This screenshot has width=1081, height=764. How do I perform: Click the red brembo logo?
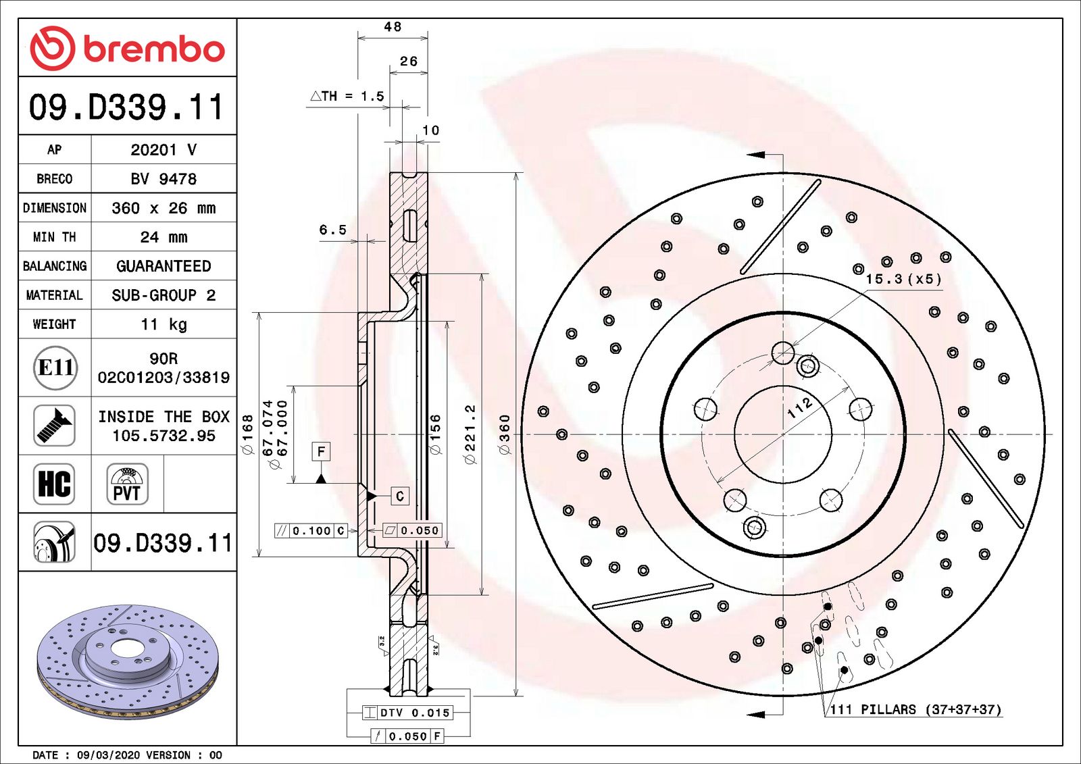tap(127, 49)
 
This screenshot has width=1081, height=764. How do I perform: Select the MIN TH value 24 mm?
tap(164, 237)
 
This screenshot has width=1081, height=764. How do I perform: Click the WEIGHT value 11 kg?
tap(164, 324)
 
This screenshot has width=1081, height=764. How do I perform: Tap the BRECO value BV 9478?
tap(164, 179)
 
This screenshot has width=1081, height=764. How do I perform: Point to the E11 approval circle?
tap(55, 367)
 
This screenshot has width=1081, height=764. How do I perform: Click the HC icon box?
tap(54, 484)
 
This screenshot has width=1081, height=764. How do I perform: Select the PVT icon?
tap(127, 484)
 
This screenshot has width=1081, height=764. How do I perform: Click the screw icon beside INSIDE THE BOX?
tap(54, 426)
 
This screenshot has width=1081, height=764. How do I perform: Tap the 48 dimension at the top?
tap(393, 27)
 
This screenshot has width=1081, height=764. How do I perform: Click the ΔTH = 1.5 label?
tap(347, 97)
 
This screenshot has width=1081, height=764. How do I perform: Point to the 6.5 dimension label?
tap(332, 230)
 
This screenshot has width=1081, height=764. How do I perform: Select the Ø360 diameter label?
tap(505, 434)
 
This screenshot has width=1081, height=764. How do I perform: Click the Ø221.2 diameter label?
tap(470, 434)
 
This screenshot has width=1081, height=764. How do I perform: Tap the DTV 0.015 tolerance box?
tap(407, 713)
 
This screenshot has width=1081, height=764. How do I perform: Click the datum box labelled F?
tap(321, 451)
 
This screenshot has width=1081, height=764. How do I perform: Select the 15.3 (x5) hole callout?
tap(903, 279)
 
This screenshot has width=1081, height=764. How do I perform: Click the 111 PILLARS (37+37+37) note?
tap(915, 709)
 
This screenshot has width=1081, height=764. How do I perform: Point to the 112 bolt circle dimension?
tap(800, 407)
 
